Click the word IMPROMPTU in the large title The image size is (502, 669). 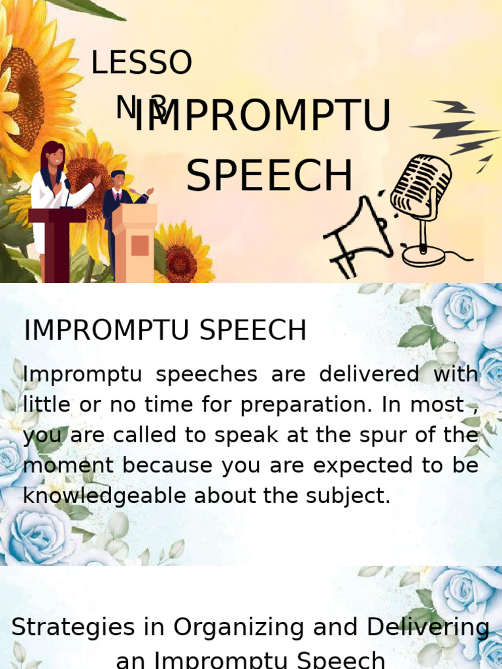point(261,118)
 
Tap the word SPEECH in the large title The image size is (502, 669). point(269,176)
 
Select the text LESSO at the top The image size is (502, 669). point(141,63)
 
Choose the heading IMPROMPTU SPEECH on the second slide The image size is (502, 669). point(165,331)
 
